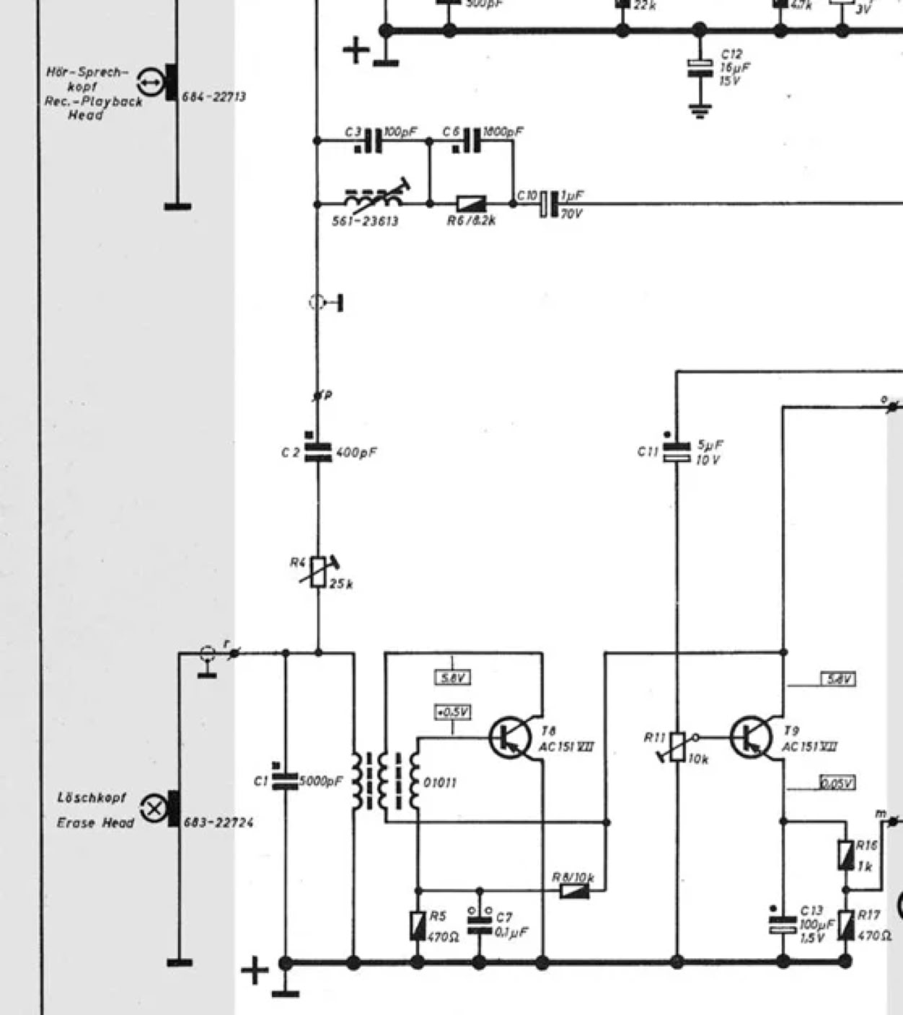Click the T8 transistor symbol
pyautogui.click(x=509, y=737)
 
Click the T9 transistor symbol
pyautogui.click(x=750, y=737)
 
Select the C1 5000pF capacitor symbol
pyautogui.click(x=285, y=780)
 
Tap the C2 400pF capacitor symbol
pyautogui.click(x=317, y=452)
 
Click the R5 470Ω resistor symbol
pyautogui.click(x=417, y=926)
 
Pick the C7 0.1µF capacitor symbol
pyautogui.click(x=479, y=925)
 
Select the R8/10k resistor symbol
pyautogui.click(x=575, y=890)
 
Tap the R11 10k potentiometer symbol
pyautogui.click(x=677, y=746)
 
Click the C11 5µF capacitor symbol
pyautogui.click(x=677, y=452)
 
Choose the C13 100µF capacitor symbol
pyautogui.click(x=783, y=925)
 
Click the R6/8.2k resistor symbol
pyautogui.click(x=471, y=204)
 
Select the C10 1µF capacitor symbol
pyautogui.click(x=550, y=204)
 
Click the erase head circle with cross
pyautogui.click(x=153, y=809)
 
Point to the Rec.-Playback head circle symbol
pyautogui.click(x=149, y=84)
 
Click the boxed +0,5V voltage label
pyautogui.click(x=452, y=712)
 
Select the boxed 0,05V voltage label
pyautogui.click(x=837, y=783)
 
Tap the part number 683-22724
pyautogui.click(x=219, y=822)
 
